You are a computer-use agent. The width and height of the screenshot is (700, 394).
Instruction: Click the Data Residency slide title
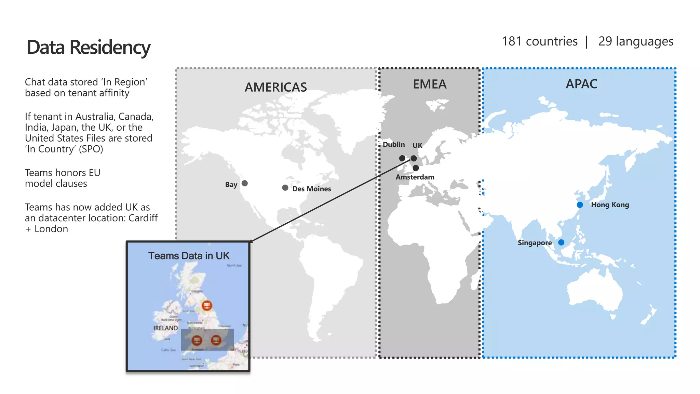click(89, 47)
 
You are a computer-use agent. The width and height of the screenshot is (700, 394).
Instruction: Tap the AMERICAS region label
click(275, 87)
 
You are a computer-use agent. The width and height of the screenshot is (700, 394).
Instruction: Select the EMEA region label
click(430, 84)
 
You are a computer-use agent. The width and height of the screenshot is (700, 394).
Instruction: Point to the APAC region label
click(581, 84)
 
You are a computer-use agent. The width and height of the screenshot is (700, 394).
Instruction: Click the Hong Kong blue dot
click(580, 205)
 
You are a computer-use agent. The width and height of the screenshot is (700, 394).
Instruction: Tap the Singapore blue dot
click(561, 242)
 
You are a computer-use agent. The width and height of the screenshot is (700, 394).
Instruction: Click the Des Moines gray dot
click(285, 188)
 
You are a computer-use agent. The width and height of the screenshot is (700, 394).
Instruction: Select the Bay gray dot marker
click(245, 183)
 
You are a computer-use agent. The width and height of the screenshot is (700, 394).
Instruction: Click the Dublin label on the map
click(394, 144)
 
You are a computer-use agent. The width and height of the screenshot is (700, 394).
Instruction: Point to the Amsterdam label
click(415, 177)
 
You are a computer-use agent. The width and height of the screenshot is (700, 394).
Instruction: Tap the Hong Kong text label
click(610, 205)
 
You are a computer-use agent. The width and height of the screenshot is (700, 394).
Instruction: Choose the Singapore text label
click(535, 243)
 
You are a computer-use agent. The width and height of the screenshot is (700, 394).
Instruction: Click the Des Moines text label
click(312, 189)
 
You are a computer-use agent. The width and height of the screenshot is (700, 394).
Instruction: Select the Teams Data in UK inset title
click(189, 256)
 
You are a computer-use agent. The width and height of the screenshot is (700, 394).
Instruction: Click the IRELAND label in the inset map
click(165, 328)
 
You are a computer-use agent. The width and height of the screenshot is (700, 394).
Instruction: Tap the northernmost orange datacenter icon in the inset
click(206, 305)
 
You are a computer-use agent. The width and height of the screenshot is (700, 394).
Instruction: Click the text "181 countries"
click(539, 41)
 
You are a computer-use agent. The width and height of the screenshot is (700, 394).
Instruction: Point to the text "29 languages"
click(636, 41)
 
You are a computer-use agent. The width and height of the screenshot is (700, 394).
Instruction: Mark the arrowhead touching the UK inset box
click(251, 241)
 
